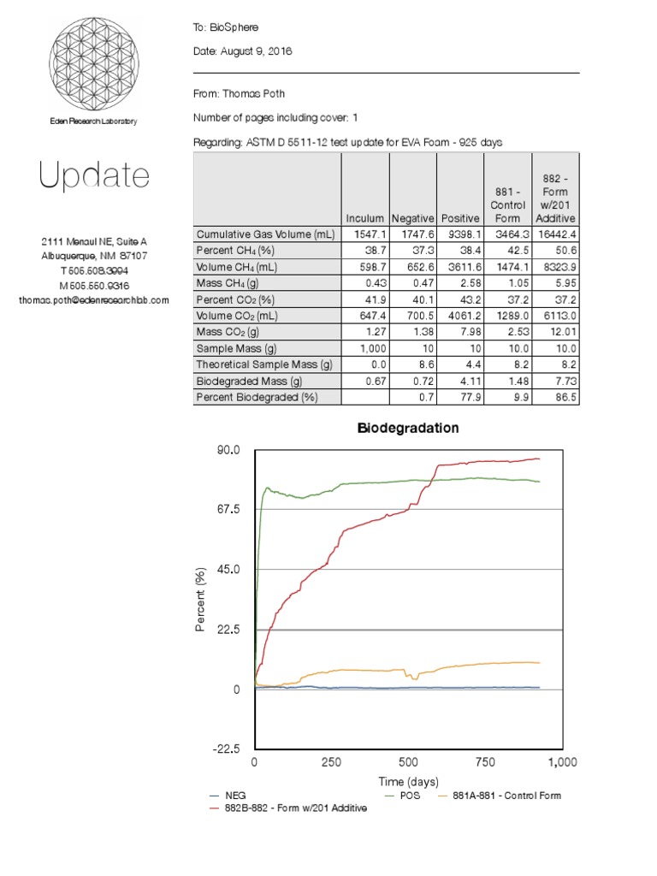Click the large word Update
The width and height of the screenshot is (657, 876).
pyautogui.click(x=93, y=176)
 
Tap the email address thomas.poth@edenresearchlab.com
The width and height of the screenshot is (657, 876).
pyautogui.click(x=93, y=300)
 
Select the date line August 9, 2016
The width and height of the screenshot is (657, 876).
pyautogui.click(x=243, y=51)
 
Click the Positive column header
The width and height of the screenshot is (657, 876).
pyautogui.click(x=459, y=218)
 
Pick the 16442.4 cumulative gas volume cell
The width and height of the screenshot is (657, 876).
pyautogui.click(x=555, y=234)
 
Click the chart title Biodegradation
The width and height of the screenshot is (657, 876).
pyautogui.click(x=409, y=428)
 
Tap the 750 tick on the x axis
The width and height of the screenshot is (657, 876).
pyautogui.click(x=485, y=762)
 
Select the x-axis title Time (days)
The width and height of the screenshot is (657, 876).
pyautogui.click(x=408, y=781)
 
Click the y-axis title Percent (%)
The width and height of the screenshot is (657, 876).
pyautogui.click(x=200, y=599)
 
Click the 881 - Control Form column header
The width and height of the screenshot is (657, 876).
pyautogui.click(x=507, y=205)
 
